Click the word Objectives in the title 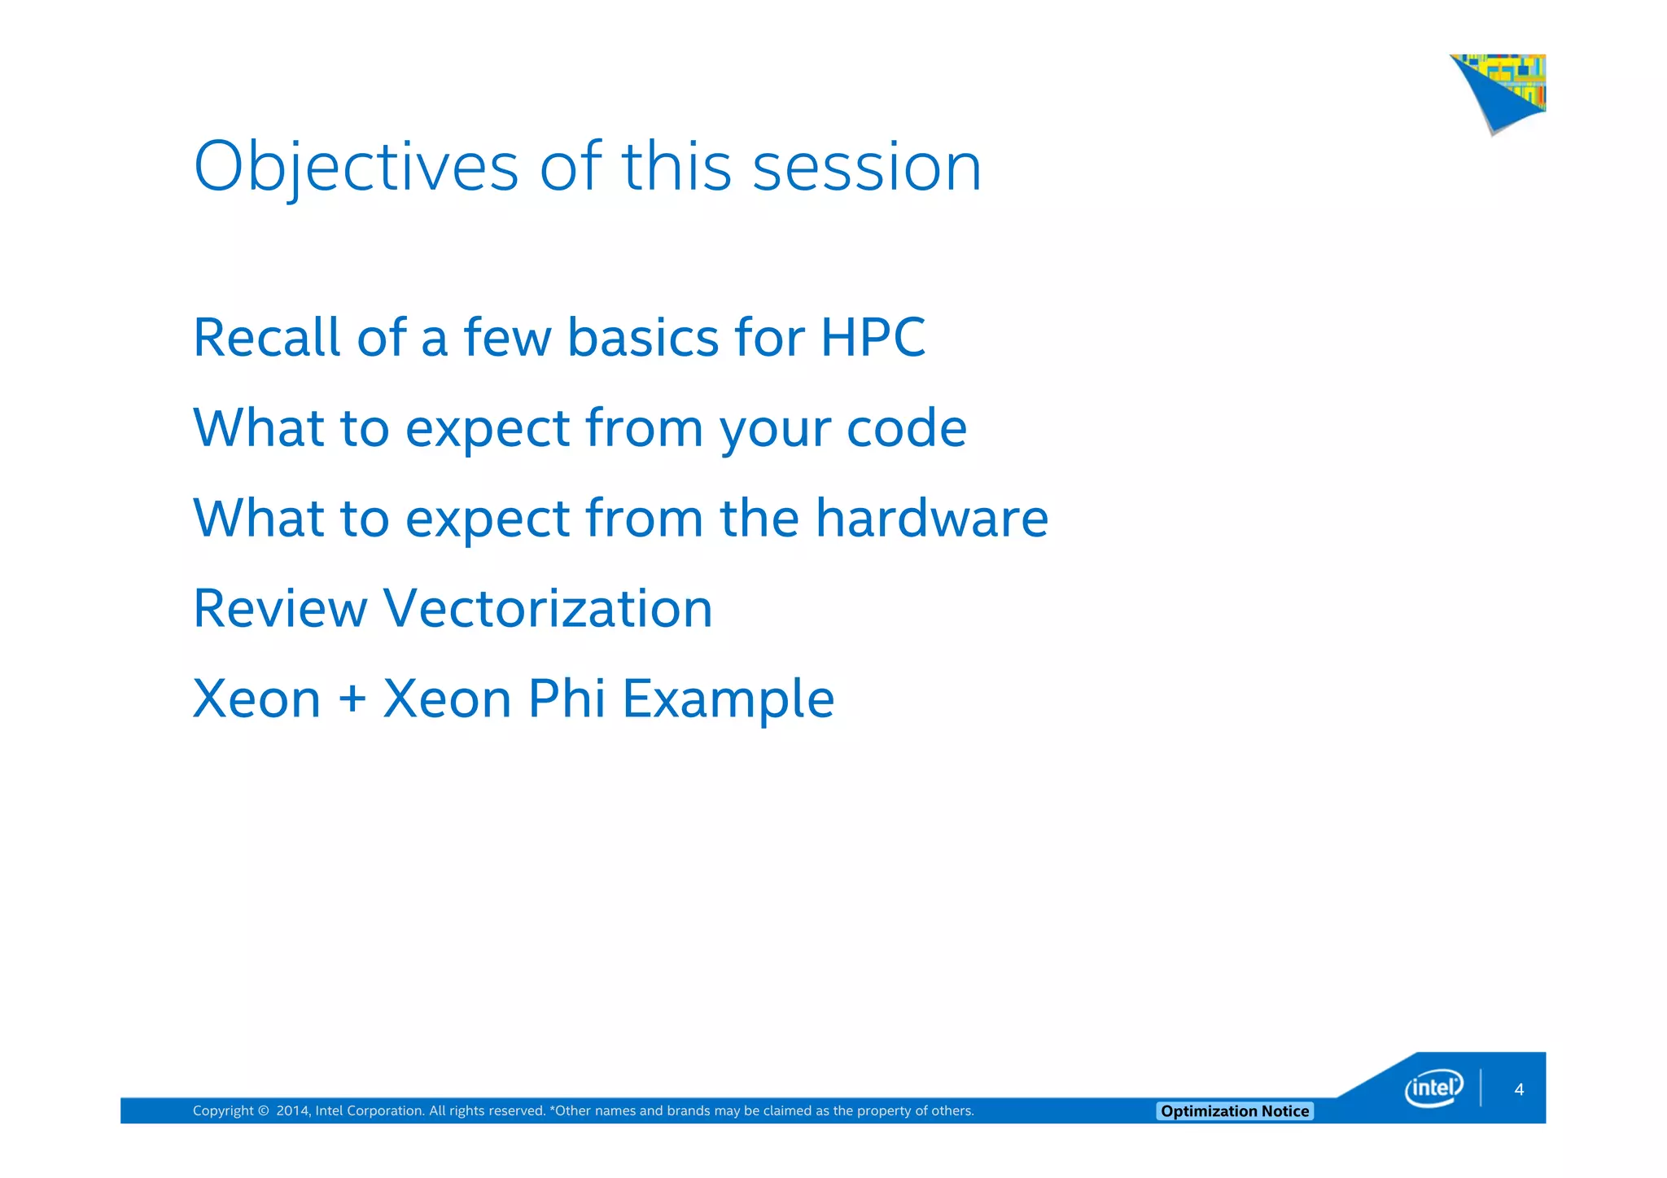(356, 167)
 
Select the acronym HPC (873, 337)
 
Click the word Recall (266, 337)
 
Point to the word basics (643, 337)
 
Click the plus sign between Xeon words (352, 698)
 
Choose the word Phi (567, 698)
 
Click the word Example (728, 700)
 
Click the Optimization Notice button (1234, 1111)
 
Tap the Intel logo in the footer (1433, 1088)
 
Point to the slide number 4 (1518, 1090)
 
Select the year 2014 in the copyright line (291, 1111)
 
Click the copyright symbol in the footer (263, 1111)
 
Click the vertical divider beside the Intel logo (1481, 1088)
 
